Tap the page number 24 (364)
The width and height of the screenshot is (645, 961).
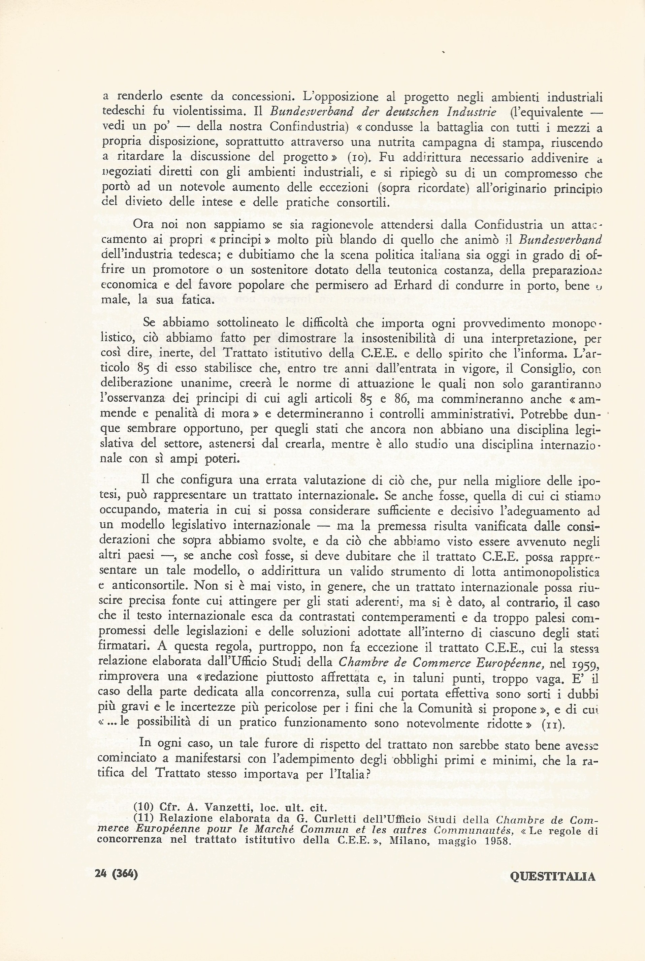(x=116, y=874)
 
